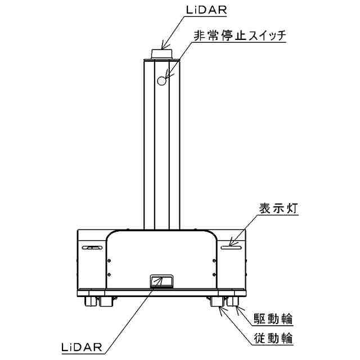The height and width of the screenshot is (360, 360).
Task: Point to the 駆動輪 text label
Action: [x=272, y=320]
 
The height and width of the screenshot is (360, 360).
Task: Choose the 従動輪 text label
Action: [x=272, y=339]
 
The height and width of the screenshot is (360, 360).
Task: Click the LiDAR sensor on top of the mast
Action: [x=162, y=53]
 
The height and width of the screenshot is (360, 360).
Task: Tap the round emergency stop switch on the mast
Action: [x=162, y=82]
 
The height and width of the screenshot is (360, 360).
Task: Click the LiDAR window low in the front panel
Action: [x=161, y=281]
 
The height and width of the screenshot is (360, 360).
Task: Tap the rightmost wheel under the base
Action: [x=234, y=302]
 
